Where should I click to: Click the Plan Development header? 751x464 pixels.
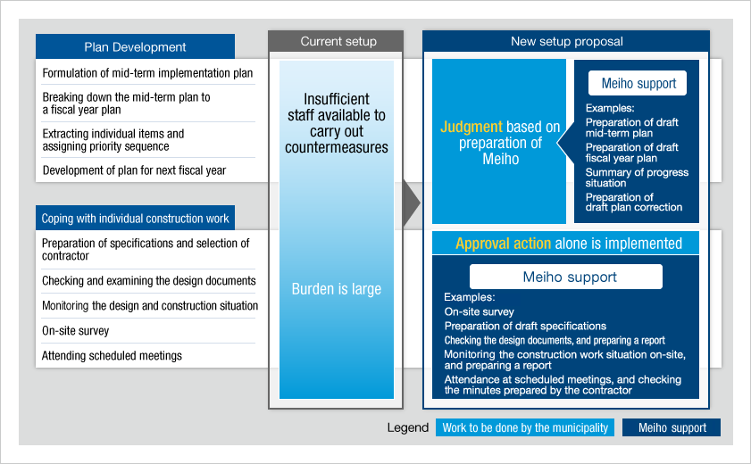tap(135, 47)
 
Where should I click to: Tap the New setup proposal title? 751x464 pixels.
tap(566, 42)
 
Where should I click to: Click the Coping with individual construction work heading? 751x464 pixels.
tap(135, 218)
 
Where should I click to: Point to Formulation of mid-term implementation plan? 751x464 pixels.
tap(147, 73)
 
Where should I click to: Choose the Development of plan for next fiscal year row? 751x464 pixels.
tap(134, 170)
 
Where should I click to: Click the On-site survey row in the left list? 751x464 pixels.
tap(76, 331)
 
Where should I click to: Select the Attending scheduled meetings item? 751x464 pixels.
tap(112, 356)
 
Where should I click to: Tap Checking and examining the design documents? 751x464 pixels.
tap(148, 281)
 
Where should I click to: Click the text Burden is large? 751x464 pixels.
tap(337, 289)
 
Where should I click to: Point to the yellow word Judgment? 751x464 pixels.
tap(471, 127)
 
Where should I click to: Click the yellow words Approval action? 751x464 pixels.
tap(503, 244)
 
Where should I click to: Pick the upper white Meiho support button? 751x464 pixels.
tap(638, 83)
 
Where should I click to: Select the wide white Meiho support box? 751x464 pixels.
tap(566, 277)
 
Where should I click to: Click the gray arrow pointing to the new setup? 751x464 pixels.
tap(412, 203)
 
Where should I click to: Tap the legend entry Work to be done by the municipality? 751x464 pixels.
tap(525, 427)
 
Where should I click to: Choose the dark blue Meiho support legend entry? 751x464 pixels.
tap(672, 427)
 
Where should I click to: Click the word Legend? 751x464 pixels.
tap(408, 427)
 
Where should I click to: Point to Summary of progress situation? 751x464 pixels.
tap(637, 178)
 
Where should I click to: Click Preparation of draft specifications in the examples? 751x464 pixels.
tap(525, 326)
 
